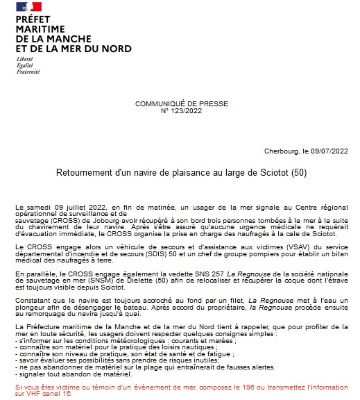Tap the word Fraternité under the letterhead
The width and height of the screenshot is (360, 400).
click(x=28, y=72)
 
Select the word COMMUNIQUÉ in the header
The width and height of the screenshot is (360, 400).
click(x=159, y=103)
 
